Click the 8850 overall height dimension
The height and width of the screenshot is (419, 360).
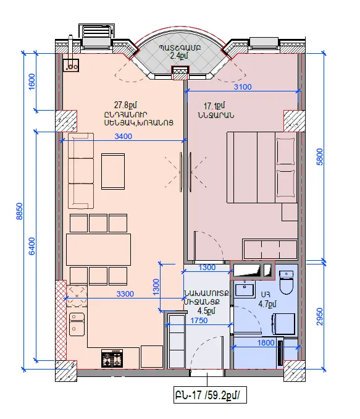[x=20, y=211]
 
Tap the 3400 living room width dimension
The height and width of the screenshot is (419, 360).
[x=123, y=137]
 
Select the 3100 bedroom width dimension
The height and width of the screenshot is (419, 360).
[x=243, y=87]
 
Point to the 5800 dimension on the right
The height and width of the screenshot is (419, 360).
[x=320, y=157]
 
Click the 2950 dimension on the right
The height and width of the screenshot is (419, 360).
[x=320, y=316]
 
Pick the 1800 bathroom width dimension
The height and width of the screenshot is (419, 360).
[x=266, y=342]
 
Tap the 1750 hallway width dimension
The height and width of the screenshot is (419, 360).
[x=199, y=320]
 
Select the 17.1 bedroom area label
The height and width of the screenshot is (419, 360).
[x=214, y=106]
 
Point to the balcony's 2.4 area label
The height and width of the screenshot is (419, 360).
[x=179, y=56]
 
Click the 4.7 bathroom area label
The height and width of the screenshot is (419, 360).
[x=267, y=304]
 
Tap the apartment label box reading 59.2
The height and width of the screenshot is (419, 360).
[x=210, y=395]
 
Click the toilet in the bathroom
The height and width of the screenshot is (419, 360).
[x=287, y=282]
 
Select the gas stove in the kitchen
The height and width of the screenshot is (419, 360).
[x=112, y=358]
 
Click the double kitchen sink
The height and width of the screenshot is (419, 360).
[x=77, y=324]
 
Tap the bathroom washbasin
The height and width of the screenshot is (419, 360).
[x=245, y=289]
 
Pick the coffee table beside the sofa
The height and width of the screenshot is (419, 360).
[x=113, y=171]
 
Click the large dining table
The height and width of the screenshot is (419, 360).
[x=98, y=249]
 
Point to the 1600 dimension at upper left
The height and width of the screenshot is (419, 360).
[x=31, y=82]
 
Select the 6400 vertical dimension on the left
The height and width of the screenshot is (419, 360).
[x=31, y=246]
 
